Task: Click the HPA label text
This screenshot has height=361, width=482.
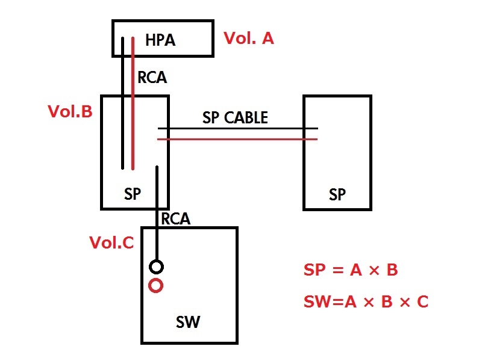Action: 160,40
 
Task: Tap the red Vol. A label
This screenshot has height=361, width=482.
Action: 248,39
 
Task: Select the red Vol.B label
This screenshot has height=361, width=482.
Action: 70,112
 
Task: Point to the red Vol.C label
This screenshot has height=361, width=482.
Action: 111,242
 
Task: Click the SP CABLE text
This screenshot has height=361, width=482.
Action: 235,118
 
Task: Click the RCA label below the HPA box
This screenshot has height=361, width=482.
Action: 152,78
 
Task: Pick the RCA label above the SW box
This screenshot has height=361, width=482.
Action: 175,219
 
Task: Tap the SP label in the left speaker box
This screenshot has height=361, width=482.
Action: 133,194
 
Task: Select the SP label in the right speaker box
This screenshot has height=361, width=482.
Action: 337,194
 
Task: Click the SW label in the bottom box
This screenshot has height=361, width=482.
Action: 187,323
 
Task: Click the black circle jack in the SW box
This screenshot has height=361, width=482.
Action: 156,266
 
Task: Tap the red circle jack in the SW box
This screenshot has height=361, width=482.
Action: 156,286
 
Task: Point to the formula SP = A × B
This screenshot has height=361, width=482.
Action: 350,270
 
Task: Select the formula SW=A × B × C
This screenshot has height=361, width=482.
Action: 366,301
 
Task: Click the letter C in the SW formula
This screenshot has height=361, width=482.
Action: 422,301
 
